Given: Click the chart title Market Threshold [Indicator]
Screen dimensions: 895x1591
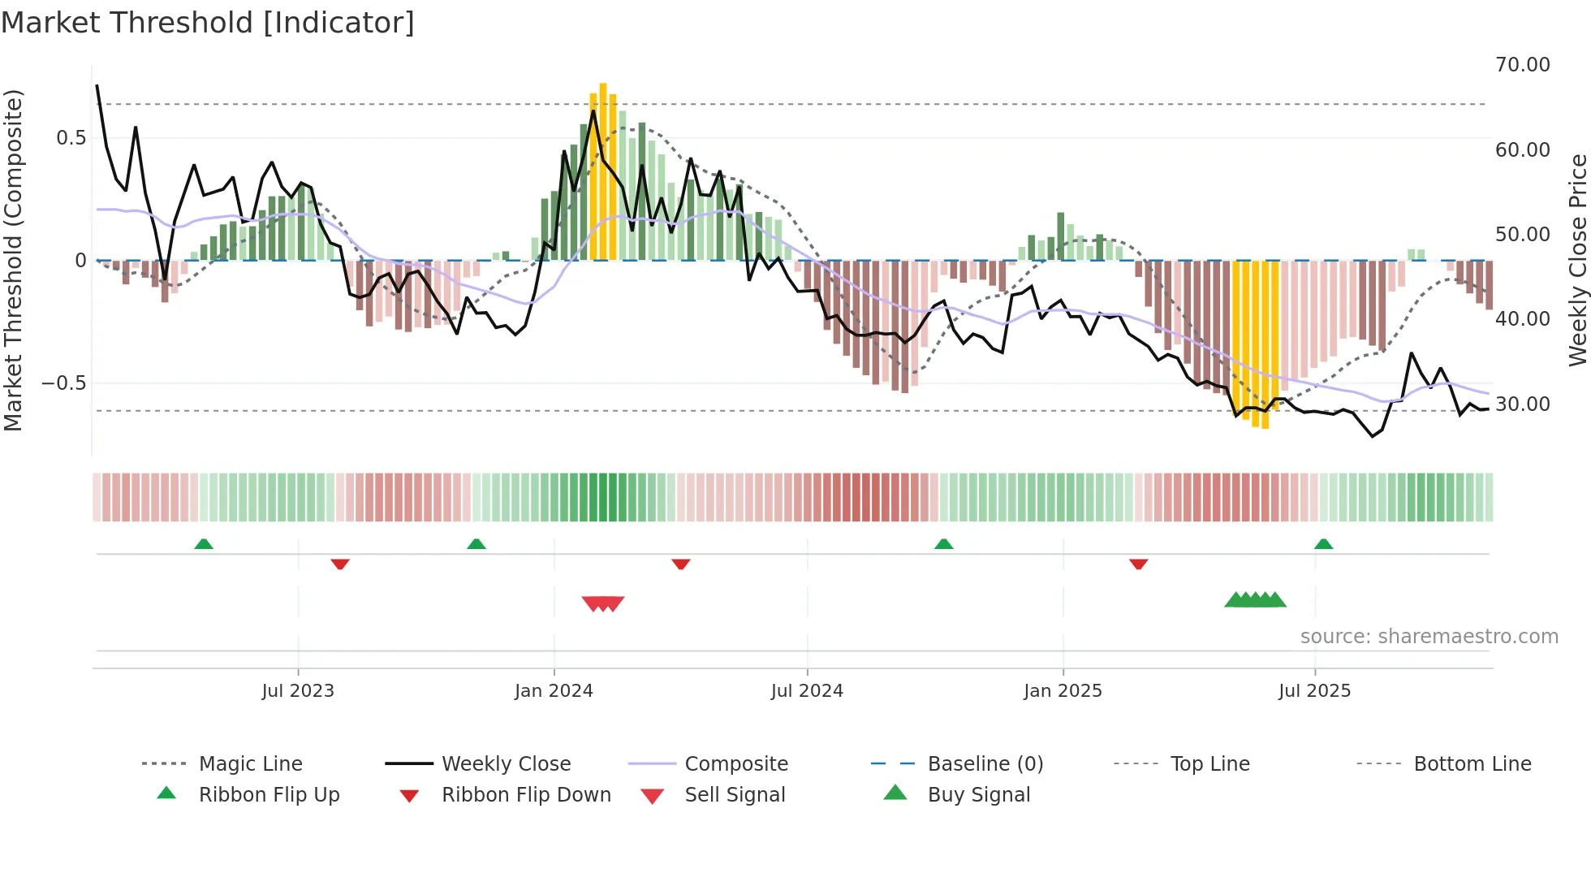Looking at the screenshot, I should pos(208,23).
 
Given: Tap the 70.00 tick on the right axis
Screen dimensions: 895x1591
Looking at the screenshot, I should pos(1522,65).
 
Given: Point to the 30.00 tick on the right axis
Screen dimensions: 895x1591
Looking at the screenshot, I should pos(1522,404).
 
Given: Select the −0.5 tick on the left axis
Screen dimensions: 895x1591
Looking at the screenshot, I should pos(63,383).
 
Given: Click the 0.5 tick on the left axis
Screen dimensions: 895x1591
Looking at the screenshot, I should pos(71,138).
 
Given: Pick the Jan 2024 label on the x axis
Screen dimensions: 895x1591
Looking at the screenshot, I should pos(554,691).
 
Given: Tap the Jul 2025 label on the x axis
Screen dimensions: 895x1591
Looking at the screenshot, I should pos(1314,691).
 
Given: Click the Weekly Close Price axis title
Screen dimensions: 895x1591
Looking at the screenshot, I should pos(1577,260).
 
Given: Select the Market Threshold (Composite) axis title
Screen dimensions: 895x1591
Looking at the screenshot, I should pos(13,260).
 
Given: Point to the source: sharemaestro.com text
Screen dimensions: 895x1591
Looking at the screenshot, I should pos(1429,637).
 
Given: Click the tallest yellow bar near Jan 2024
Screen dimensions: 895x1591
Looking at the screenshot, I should pos(603,171).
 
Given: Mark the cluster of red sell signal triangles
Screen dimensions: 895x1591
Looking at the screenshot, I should pos(603,603).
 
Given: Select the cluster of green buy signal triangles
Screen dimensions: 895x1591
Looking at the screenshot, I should pos(1255,600).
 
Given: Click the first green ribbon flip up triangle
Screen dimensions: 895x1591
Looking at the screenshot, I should pos(204,544).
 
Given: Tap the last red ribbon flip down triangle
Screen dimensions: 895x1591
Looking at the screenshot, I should pos(1138,564).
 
